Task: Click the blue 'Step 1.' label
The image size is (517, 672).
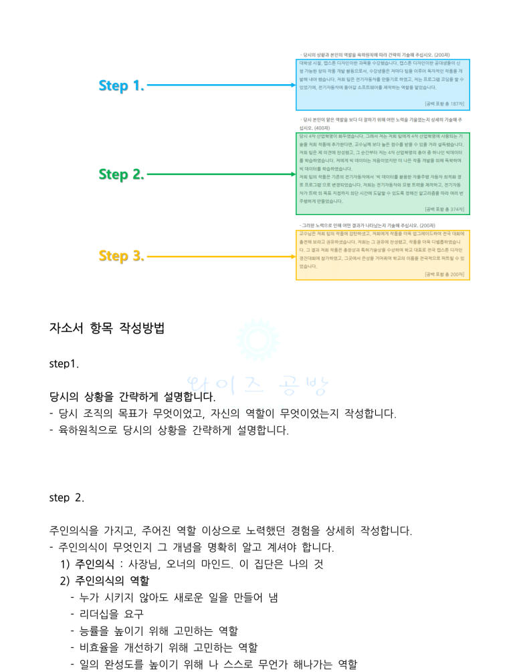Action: click(x=121, y=86)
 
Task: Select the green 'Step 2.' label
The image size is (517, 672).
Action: click(x=121, y=174)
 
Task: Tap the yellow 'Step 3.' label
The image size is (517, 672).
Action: click(x=121, y=256)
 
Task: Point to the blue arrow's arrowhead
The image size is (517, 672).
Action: click(x=292, y=86)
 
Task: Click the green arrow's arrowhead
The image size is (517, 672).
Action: click(x=292, y=174)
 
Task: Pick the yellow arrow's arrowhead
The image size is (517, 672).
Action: click(x=292, y=256)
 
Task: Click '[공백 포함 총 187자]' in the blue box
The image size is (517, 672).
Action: click(x=444, y=104)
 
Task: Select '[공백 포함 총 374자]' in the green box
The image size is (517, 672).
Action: click(x=444, y=209)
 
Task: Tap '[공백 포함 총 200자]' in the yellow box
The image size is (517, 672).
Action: click(x=444, y=274)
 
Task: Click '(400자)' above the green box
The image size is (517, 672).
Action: click(x=322, y=127)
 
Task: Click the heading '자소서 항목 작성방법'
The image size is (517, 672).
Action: click(x=106, y=329)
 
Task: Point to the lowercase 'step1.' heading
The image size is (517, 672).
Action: click(x=64, y=364)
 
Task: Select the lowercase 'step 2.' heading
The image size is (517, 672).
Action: click(x=67, y=498)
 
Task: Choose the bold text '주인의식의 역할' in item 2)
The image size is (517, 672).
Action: click(x=112, y=581)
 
